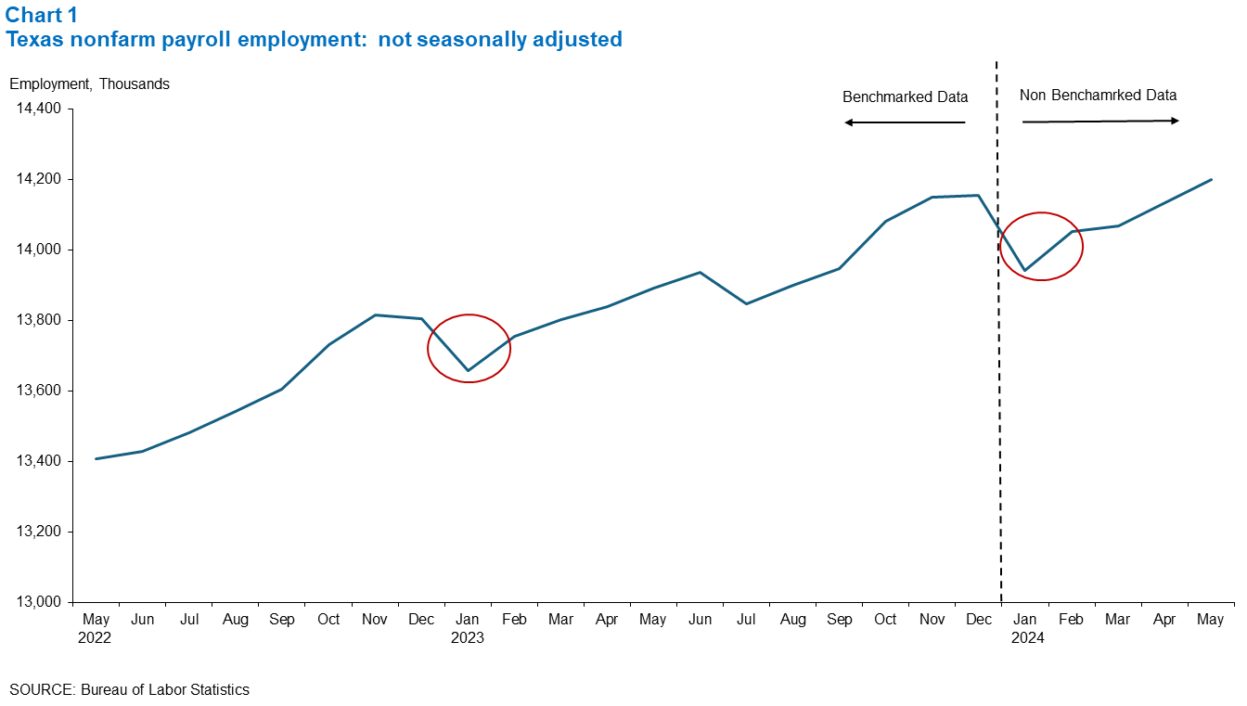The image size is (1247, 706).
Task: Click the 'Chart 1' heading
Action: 42,15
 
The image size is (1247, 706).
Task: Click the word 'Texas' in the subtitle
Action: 31,40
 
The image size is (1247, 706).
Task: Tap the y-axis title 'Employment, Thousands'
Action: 89,83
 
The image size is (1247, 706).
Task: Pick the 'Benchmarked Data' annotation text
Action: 905,96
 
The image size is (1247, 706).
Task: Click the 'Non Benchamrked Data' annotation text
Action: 1098,95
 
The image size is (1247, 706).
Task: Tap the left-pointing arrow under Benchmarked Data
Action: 905,122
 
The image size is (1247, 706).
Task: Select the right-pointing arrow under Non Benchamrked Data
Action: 1100,122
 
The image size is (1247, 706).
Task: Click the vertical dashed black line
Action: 999,371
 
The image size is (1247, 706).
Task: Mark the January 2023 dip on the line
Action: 468,370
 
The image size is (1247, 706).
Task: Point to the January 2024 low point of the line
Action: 1024,271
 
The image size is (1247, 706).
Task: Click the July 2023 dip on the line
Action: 746,303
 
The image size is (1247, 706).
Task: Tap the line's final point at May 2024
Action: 1211,180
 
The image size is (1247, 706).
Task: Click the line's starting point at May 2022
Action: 96,458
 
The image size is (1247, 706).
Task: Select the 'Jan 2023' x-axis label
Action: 468,628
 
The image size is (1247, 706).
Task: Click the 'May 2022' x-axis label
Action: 96,628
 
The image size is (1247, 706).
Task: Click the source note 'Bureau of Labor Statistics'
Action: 165,689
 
